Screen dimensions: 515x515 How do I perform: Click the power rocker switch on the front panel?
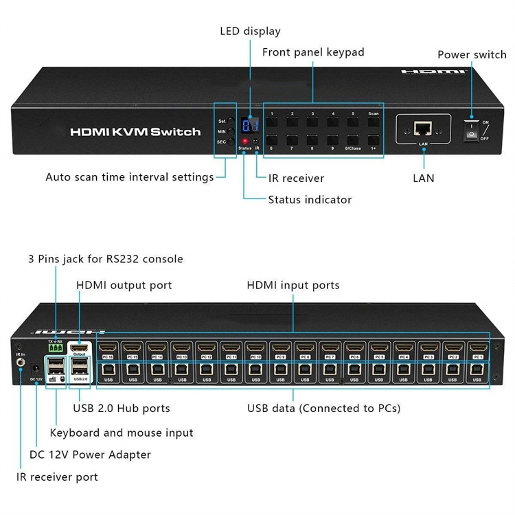pos(472,130)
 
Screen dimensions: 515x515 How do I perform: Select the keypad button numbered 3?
pos(312,123)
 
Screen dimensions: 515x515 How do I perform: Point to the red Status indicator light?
pos(244,141)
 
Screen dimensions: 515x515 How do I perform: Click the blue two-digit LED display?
pos(251,124)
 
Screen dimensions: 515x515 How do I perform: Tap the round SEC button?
pos(231,141)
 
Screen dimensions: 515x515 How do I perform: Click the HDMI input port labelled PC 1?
pos(478,348)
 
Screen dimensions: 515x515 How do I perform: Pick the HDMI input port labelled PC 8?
pos(305,348)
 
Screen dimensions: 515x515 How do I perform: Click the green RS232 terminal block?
pos(56,348)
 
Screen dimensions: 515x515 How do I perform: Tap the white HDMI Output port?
pos(81,347)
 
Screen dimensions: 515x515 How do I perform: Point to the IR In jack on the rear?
pos(21,364)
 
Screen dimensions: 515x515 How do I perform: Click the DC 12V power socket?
pos(34,370)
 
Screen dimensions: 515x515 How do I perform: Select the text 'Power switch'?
pos(472,55)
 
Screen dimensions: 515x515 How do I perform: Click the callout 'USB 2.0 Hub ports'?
pos(122,409)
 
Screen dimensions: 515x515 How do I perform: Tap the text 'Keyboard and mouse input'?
pos(122,433)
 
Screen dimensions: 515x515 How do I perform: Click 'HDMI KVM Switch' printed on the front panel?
pos(135,132)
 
